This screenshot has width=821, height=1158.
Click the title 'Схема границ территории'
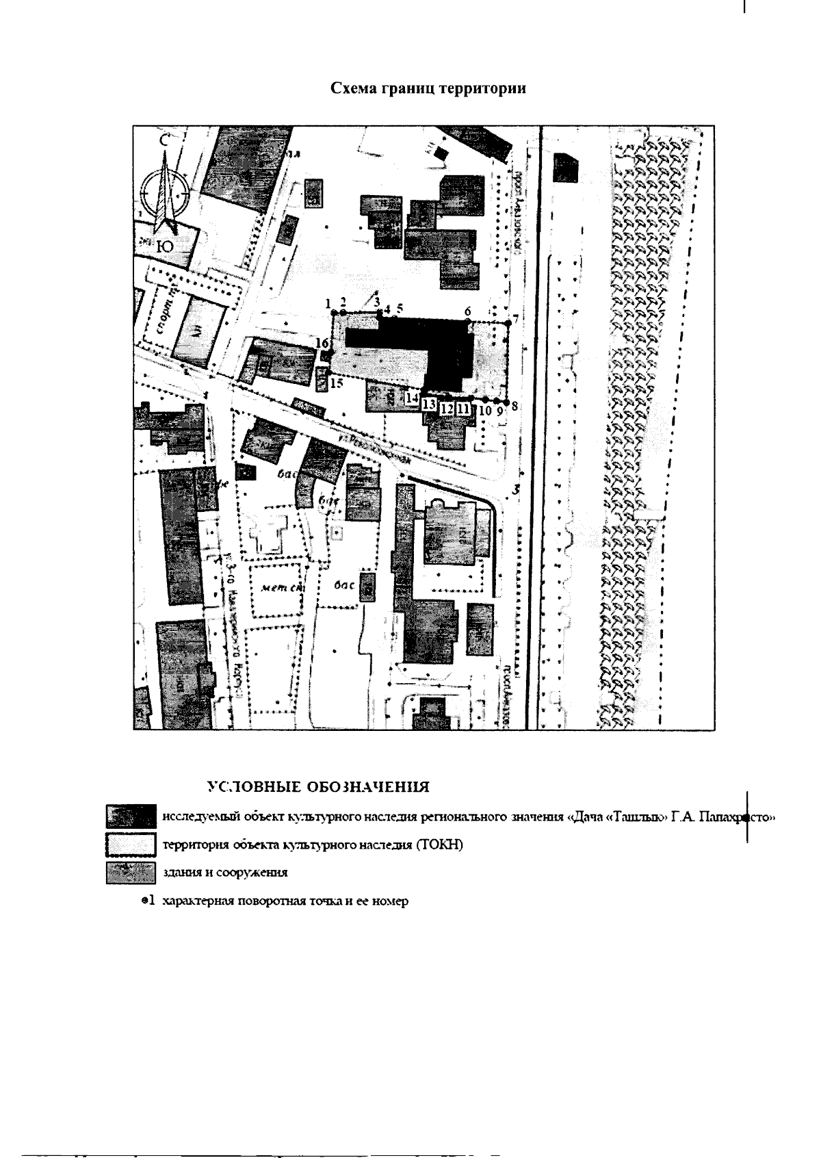tap(428, 89)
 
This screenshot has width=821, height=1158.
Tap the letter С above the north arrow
tap(164, 140)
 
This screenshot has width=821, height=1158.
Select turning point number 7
tap(508, 322)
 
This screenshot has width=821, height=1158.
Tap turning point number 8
tap(507, 400)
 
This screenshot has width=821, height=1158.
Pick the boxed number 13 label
tap(430, 404)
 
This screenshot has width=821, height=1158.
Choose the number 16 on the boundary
tap(322, 342)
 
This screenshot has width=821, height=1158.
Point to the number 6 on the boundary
tap(468, 311)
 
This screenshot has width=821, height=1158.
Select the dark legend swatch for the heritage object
tap(130, 816)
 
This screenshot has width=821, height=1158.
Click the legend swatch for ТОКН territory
tap(130, 845)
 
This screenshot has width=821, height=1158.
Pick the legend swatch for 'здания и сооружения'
tap(130, 873)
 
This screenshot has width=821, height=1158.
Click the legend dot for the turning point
tap(144, 901)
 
